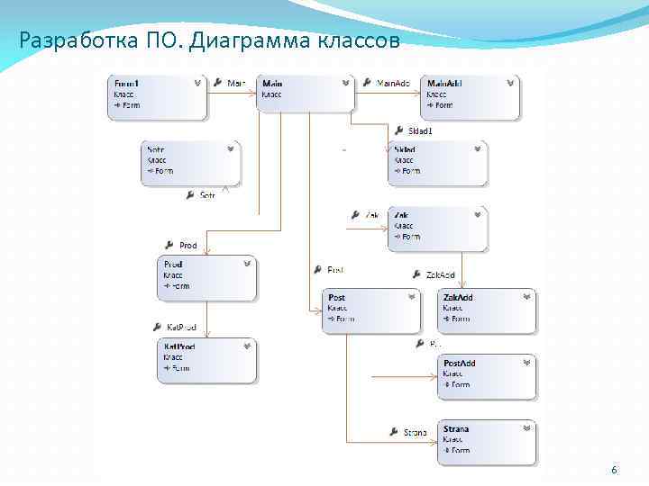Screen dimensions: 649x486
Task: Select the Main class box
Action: [305, 93]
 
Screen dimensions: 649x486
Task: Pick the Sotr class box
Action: [190, 163]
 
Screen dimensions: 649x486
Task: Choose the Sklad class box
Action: [437, 163]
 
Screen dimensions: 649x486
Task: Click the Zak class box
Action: [437, 229]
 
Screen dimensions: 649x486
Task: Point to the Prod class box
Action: [206, 278]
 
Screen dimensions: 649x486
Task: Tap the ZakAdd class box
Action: [487, 311]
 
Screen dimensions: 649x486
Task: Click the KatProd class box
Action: [206, 360]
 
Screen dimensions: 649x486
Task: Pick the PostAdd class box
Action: [487, 377]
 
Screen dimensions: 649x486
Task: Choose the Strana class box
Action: [487, 442]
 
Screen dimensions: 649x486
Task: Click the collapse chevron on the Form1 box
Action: [197, 83]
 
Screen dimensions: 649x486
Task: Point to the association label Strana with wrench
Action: [408, 433]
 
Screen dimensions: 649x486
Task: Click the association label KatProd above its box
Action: [175, 328]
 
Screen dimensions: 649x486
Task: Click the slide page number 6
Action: [614, 471]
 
